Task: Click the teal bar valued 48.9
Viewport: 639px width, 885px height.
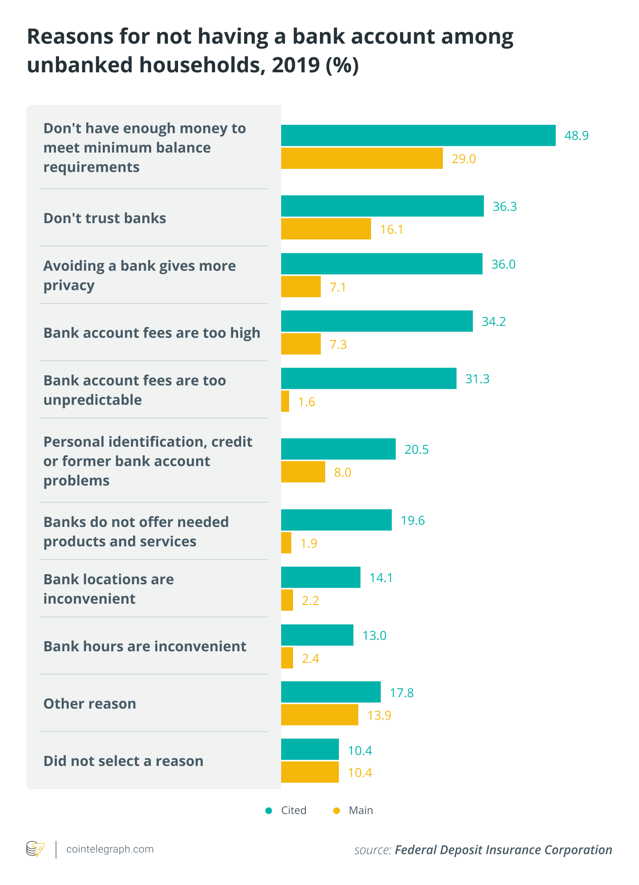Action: tap(418, 135)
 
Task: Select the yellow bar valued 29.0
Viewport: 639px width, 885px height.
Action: tap(362, 158)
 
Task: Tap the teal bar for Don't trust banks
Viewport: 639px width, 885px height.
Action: tap(382, 206)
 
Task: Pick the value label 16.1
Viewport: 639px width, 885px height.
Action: tap(391, 229)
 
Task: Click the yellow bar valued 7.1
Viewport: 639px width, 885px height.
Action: tap(301, 287)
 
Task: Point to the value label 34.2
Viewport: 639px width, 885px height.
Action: tap(494, 321)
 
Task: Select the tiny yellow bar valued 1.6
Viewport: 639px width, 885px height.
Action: tap(285, 401)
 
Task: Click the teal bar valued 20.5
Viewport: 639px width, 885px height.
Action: tap(338, 449)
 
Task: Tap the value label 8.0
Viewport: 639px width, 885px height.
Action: tap(342, 472)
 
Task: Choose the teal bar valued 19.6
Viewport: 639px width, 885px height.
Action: tap(336, 520)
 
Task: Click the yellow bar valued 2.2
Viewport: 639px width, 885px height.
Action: tap(287, 600)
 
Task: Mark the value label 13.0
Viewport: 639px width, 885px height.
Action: tap(374, 635)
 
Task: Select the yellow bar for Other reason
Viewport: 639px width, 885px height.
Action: tap(319, 715)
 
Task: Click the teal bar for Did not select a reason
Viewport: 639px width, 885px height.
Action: tap(310, 750)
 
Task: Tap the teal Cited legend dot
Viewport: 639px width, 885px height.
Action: tap(269, 810)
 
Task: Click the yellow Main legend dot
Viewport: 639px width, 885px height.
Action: tap(337, 810)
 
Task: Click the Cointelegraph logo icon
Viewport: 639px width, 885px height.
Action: tap(35, 849)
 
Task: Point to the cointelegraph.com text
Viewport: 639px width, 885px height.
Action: tap(110, 849)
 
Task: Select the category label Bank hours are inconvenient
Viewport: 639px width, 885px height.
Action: tap(145, 646)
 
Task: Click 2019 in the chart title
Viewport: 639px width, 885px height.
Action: tap(295, 65)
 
